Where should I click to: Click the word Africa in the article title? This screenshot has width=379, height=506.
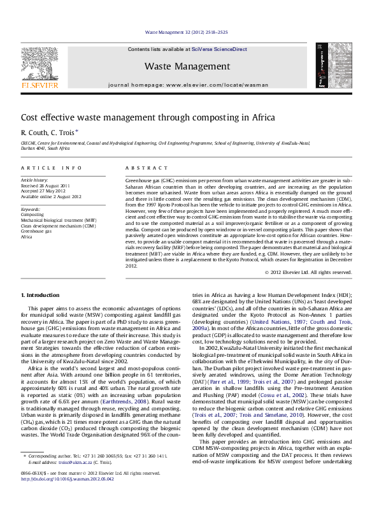(244, 117)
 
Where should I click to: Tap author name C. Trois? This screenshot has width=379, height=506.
(64, 133)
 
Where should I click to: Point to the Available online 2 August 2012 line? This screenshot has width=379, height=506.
(52, 196)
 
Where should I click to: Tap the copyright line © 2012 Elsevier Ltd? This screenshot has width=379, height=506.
(308, 272)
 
